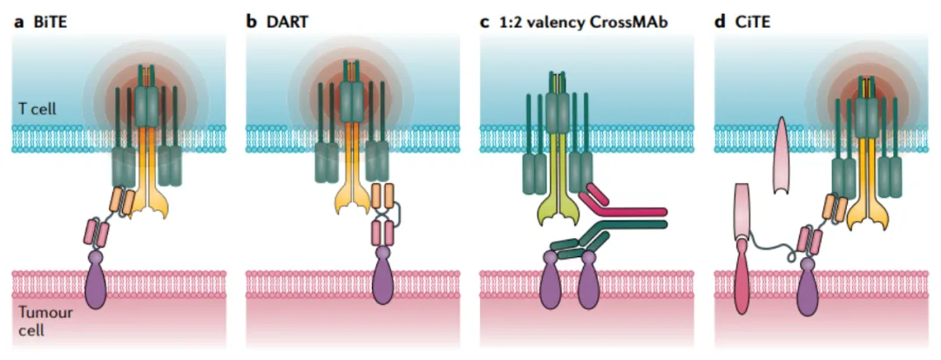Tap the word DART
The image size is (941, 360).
click(282, 20)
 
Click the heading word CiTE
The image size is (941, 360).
click(750, 20)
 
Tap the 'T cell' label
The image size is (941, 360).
click(37, 111)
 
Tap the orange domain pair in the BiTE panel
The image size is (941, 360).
click(122, 202)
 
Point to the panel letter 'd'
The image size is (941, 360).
click(721, 20)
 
